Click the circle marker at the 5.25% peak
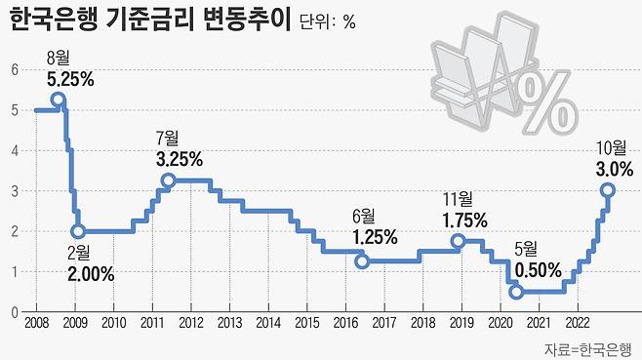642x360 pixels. [58, 100]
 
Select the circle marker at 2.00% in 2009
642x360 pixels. [78, 231]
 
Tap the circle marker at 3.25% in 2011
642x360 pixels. [168, 180]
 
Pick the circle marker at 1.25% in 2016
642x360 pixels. [362, 261]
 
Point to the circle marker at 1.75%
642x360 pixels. [458, 241]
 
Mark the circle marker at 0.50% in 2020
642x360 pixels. [516, 292]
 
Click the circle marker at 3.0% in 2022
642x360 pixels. [607, 190]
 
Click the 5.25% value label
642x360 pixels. [70, 80]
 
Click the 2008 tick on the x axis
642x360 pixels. [36, 324]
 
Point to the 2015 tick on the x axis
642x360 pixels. [306, 324]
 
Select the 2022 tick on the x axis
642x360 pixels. [577, 324]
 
